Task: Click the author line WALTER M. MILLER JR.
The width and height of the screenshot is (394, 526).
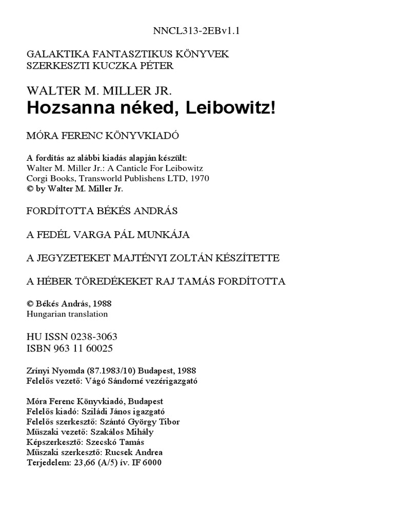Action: (x=100, y=91)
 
